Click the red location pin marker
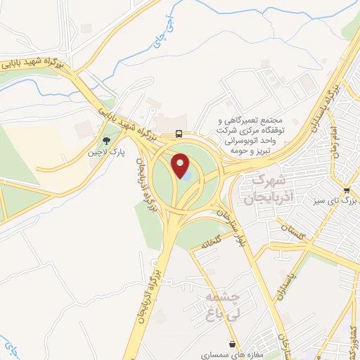[x=183, y=165]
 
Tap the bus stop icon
[x=180, y=134]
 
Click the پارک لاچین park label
[x=106, y=152]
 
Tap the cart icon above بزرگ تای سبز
[x=347, y=190]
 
